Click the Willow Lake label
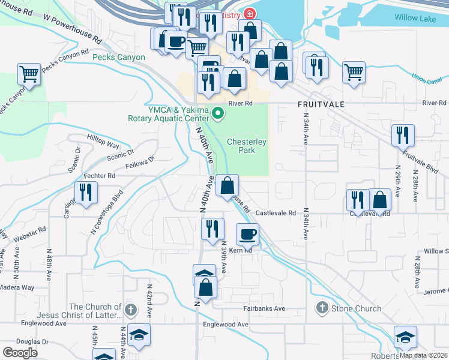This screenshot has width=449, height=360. pyautogui.click(x=415, y=18)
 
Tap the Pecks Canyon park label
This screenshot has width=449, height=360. pyautogui.click(x=119, y=58)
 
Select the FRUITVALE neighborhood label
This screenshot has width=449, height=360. pyautogui.click(x=321, y=104)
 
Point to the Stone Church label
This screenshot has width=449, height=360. pyautogui.click(x=358, y=308)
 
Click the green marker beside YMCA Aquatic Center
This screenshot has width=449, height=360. pyautogui.click(x=218, y=112)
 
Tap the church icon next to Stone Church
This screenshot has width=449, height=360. pyautogui.click(x=322, y=308)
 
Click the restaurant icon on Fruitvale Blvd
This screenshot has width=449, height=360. pyautogui.click(x=402, y=135)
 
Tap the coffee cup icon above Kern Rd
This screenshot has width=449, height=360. pyautogui.click(x=247, y=233)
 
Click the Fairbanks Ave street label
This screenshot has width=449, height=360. pyautogui.click(x=264, y=308)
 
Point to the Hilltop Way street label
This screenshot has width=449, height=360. pyautogui.click(x=103, y=145)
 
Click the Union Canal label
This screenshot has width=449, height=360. pyautogui.click(x=427, y=77)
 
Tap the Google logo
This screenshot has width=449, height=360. pyautogui.click(x=20, y=353)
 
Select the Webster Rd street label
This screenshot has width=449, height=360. pyautogui.click(x=30, y=234)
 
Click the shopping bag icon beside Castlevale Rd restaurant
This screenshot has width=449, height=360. pyautogui.click(x=380, y=200)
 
